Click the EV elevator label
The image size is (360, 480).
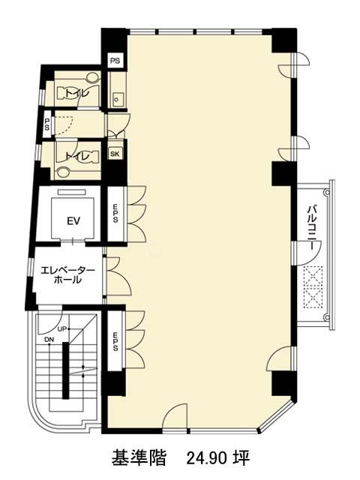(73, 221)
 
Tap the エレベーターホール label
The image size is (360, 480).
(68, 275)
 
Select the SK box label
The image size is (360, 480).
(115, 154)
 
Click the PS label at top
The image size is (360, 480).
(115, 61)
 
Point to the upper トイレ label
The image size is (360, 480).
(75, 93)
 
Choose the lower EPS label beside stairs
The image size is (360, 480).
(115, 341)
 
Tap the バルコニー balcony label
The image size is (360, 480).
(312, 228)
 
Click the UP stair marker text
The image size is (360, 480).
(61, 329)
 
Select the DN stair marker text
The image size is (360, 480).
(49, 340)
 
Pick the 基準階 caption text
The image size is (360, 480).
(139, 458)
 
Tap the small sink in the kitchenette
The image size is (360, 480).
(118, 100)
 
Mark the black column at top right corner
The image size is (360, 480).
(284, 40)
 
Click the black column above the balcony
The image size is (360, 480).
(284, 173)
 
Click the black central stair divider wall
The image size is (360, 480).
(65, 370)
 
